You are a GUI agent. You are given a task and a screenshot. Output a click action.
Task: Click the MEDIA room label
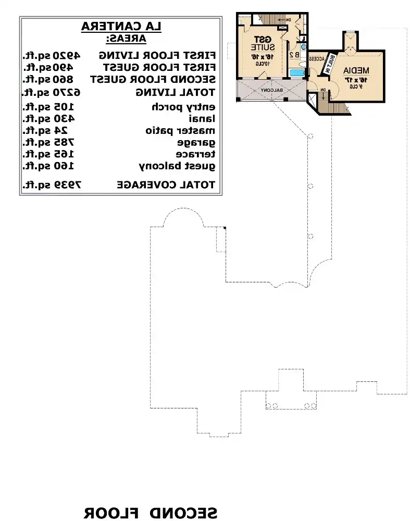coord(357,70)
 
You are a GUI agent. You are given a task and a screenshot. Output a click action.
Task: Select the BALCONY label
coord(272,90)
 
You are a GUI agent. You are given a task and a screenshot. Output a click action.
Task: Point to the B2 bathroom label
coord(295,54)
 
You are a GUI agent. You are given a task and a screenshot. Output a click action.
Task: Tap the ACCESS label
coord(317,59)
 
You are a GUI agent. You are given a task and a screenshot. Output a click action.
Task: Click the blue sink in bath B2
coord(304,47)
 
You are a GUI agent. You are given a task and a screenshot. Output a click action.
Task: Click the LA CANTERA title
coord(121,27)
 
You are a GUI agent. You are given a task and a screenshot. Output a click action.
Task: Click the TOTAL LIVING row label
coord(176,92)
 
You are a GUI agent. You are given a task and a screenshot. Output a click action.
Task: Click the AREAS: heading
coord(126,39)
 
